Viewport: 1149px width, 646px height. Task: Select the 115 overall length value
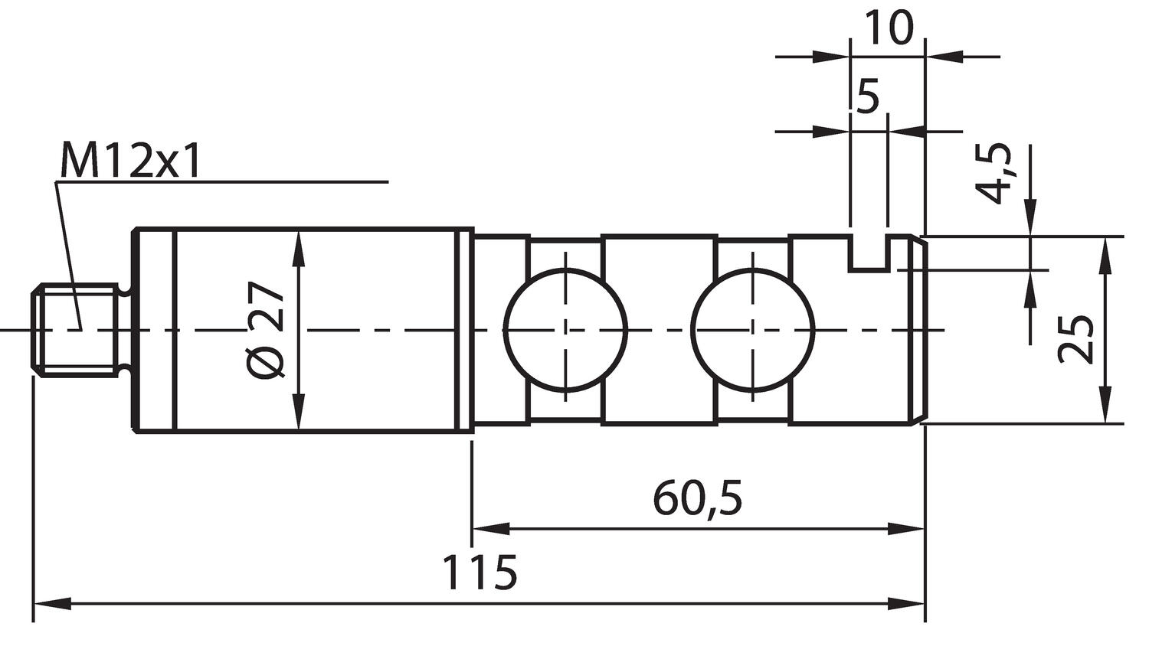(x=480, y=573)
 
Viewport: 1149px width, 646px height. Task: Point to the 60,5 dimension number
(x=697, y=498)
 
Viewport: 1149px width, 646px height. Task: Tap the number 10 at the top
(x=888, y=28)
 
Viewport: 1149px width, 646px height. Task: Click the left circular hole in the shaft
(x=565, y=330)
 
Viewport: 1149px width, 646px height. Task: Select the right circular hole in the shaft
(x=752, y=330)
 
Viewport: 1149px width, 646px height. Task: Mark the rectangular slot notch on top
(x=869, y=253)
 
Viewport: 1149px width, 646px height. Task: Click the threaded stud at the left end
(x=77, y=330)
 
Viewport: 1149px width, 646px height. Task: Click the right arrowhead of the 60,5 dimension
(x=907, y=528)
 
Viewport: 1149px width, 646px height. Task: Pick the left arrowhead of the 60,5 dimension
(x=490, y=528)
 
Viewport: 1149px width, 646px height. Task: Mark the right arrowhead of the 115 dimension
(x=907, y=604)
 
